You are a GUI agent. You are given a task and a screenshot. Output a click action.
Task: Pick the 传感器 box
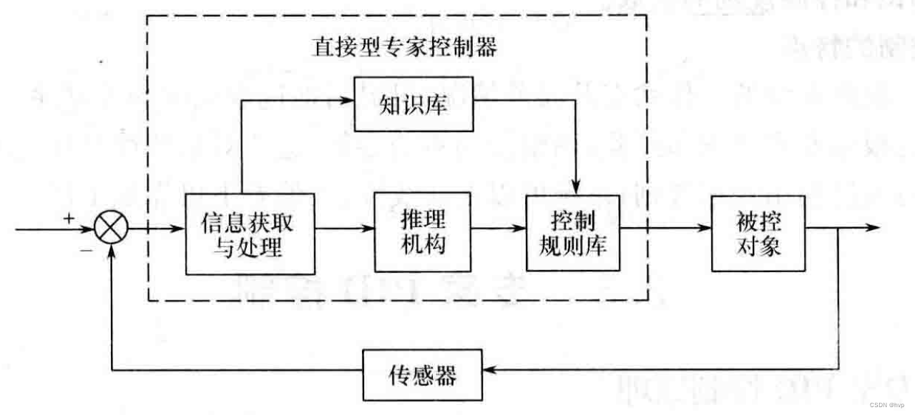(x=422, y=374)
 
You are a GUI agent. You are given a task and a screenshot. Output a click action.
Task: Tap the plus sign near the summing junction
(x=69, y=219)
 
